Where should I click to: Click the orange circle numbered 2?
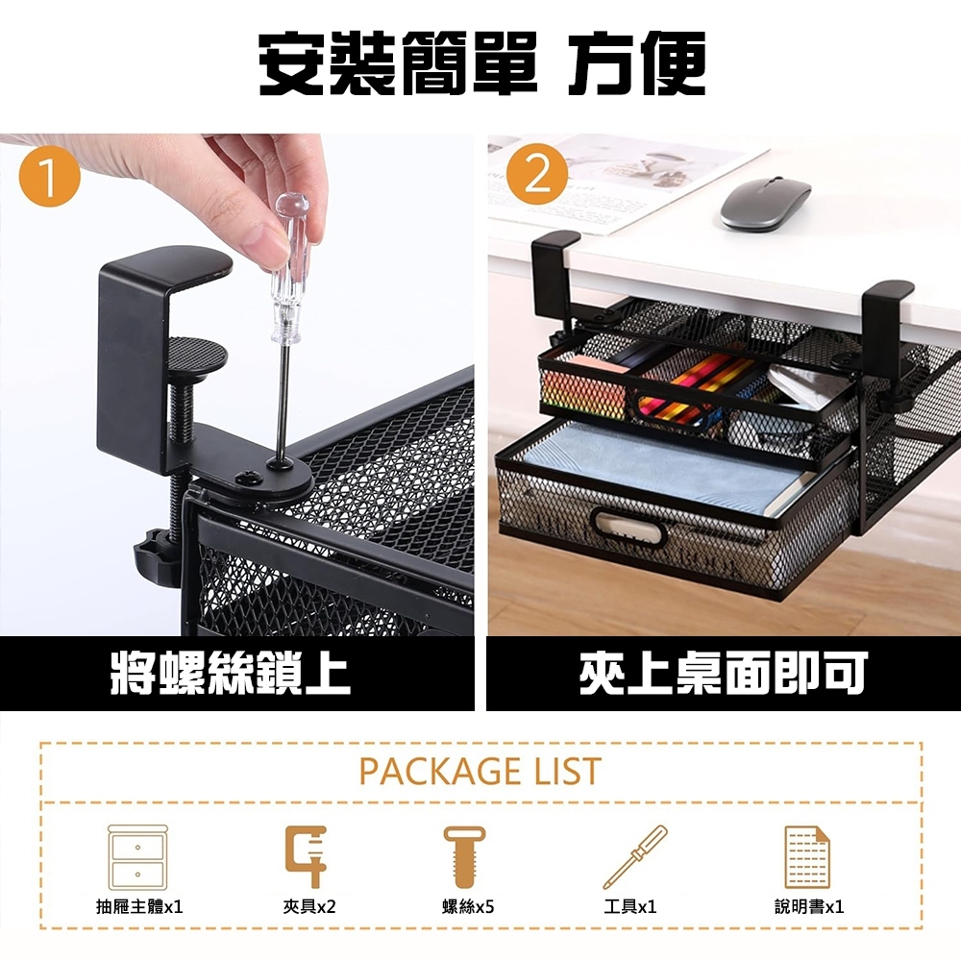click(x=538, y=176)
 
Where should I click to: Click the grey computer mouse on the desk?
click(x=765, y=204)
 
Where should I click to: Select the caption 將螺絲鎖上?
click(x=231, y=674)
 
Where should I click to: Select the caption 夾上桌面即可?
click(x=723, y=674)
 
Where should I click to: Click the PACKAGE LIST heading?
click(x=480, y=772)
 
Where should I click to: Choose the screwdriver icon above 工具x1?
click(x=634, y=856)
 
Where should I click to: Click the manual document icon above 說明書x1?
click(x=807, y=856)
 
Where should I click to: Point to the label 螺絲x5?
click(x=468, y=906)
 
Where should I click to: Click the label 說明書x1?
click(x=809, y=906)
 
